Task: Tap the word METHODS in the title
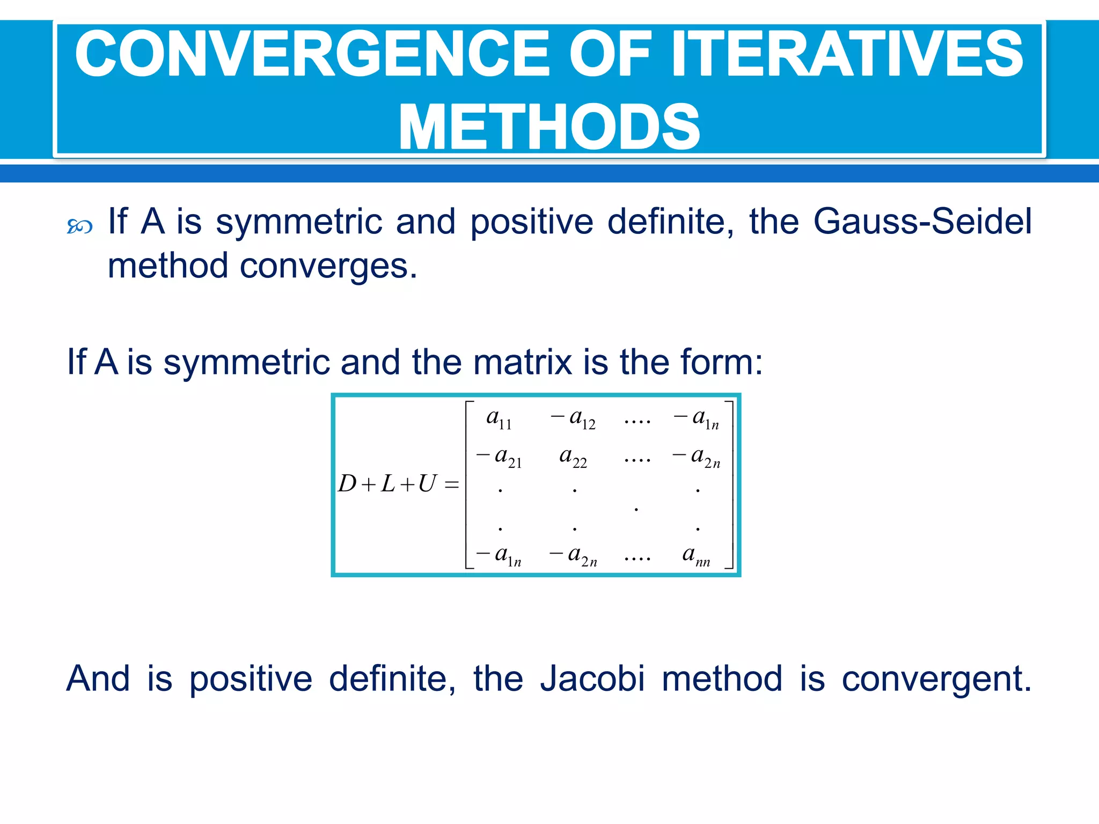pyautogui.click(x=549, y=128)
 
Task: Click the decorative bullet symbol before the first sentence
pyautogui.click(x=79, y=226)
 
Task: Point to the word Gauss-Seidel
pyautogui.click(x=922, y=221)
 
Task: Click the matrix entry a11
pyautogui.click(x=499, y=419)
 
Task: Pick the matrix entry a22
pyautogui.click(x=573, y=458)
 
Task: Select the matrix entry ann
pyautogui.click(x=695, y=555)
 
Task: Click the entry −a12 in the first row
pyautogui.click(x=573, y=419)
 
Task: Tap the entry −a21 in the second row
pyautogui.click(x=499, y=458)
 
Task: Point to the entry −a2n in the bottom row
pyautogui.click(x=573, y=555)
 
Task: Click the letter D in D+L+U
pyautogui.click(x=347, y=484)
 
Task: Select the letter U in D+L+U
pyautogui.click(x=427, y=484)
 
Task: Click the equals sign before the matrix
pyautogui.click(x=452, y=485)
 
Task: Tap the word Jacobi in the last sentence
pyautogui.click(x=592, y=679)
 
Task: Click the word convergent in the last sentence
pyautogui.click(x=936, y=679)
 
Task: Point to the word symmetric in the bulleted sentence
pyautogui.click(x=298, y=221)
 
